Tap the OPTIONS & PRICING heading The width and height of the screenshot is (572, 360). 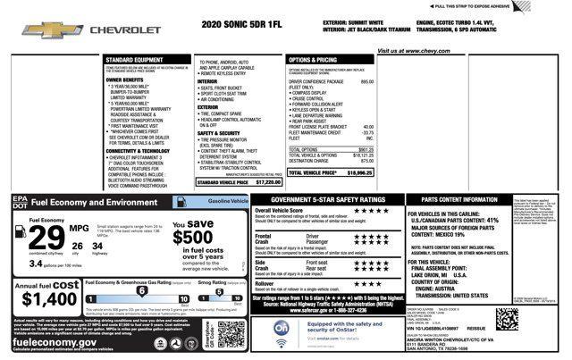click(x=313, y=60)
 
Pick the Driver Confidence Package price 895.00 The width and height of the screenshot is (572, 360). click(x=366, y=81)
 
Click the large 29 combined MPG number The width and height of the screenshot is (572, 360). click(x=46, y=239)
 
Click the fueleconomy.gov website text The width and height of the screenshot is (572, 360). click(x=58, y=341)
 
